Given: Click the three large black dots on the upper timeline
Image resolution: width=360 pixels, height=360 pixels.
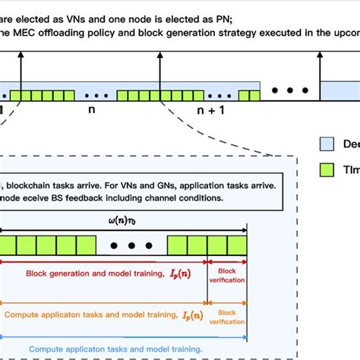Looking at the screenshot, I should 288,92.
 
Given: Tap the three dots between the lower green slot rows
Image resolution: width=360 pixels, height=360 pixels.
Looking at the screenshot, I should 131,245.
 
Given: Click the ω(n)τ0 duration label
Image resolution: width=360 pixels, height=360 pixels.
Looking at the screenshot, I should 127,221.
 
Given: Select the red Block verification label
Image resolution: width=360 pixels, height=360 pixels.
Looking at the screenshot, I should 227,275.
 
